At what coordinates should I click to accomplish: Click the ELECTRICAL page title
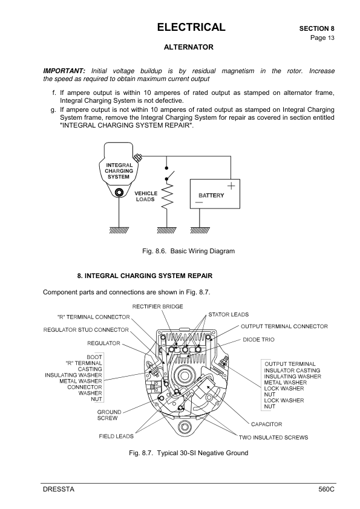click(191, 27)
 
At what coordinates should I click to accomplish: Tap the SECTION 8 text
click(316, 28)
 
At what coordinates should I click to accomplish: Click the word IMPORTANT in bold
click(64, 71)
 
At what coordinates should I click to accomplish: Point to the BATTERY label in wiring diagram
click(211, 195)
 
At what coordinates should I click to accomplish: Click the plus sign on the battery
click(231, 185)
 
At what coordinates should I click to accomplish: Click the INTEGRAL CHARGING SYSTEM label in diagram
click(119, 170)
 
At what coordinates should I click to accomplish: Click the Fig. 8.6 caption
click(188, 250)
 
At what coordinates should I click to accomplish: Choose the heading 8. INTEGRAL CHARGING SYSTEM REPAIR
click(145, 276)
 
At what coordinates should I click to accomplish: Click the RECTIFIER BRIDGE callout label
click(158, 306)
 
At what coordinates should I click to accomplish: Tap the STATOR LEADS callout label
click(228, 314)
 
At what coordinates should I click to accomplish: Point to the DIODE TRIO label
click(259, 339)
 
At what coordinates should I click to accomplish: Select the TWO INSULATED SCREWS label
click(273, 436)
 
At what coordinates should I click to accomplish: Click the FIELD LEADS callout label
click(117, 436)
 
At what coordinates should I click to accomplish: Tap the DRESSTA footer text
click(58, 489)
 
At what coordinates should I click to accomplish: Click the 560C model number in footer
click(326, 489)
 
